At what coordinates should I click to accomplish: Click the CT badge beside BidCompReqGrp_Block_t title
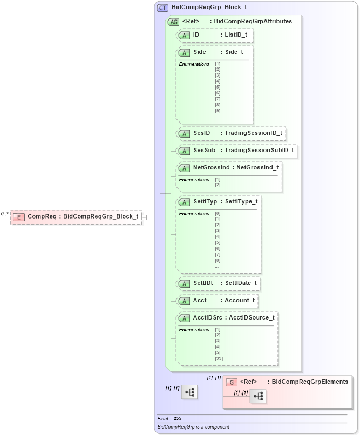pyautogui.click(x=162, y=8)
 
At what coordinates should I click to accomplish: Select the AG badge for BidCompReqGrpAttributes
pyautogui.click(x=174, y=22)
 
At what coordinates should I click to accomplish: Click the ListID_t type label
pyautogui.click(x=236, y=35)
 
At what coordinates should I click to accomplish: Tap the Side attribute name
pyautogui.click(x=199, y=52)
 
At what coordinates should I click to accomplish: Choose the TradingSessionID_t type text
pyautogui.click(x=253, y=133)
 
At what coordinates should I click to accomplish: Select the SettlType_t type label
pyautogui.click(x=241, y=201)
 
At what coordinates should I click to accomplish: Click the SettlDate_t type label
pyautogui.click(x=241, y=283)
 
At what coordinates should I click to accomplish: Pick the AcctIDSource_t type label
pyautogui.click(x=252, y=317)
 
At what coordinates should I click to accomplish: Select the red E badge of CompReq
pyautogui.click(x=19, y=217)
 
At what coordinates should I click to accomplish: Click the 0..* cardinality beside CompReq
pyautogui.click(x=4, y=214)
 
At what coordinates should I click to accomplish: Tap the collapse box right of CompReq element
pyautogui.click(x=144, y=217)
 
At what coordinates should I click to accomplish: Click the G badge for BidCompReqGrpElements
pyautogui.click(x=231, y=382)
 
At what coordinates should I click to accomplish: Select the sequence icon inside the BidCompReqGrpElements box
pyautogui.click(x=257, y=396)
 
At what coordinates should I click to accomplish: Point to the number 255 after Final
pyautogui.click(x=178, y=419)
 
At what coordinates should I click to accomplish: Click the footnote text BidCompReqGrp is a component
pyautogui.click(x=193, y=427)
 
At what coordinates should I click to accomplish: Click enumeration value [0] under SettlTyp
pyautogui.click(x=218, y=214)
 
